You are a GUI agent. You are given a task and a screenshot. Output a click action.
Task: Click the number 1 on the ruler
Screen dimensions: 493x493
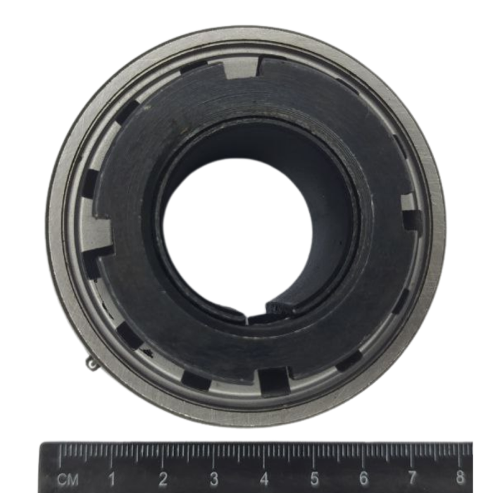[111, 478]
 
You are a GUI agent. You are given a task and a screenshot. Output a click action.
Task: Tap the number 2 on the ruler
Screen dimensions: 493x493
[163, 478]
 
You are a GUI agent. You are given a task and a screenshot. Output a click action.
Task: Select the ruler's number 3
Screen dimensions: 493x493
[214, 478]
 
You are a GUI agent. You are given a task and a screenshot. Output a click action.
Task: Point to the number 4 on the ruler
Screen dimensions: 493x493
[264, 478]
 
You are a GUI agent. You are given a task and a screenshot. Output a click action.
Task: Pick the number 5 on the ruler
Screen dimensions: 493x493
[315, 478]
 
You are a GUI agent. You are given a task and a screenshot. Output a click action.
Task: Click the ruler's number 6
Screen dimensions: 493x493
[364, 478]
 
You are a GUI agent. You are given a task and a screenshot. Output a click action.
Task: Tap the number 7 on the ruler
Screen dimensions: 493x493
[412, 478]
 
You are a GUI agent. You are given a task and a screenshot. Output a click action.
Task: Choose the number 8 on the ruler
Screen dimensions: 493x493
[460, 477]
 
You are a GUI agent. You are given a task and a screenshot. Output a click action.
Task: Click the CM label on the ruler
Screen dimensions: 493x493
[68, 480]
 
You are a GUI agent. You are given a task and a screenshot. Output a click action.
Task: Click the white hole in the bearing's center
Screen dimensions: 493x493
[237, 239]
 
